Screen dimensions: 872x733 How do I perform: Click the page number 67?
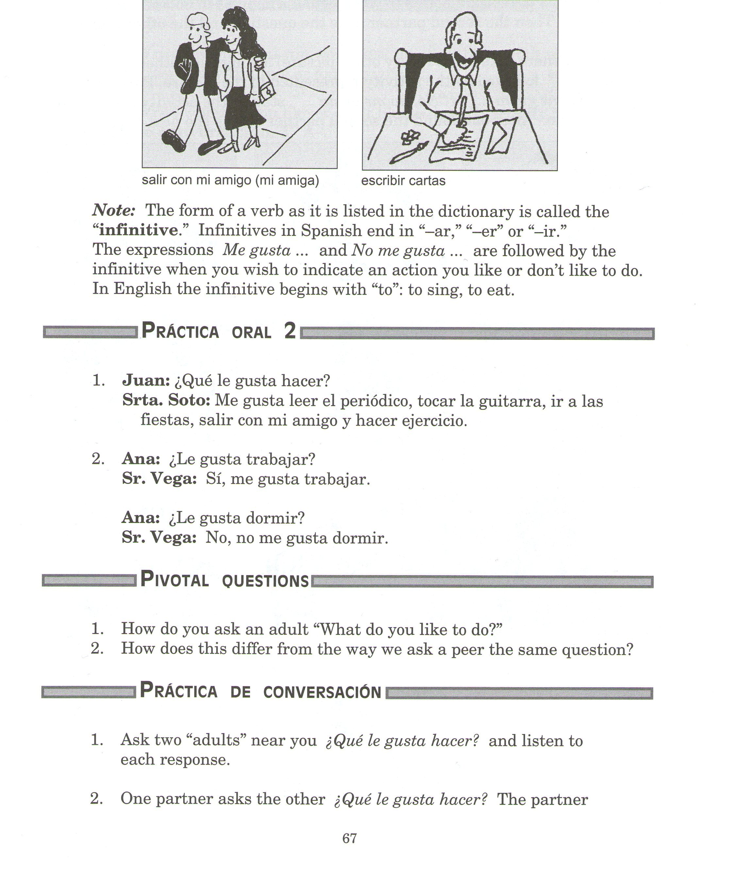[x=349, y=838]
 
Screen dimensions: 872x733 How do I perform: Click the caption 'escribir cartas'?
[x=403, y=181]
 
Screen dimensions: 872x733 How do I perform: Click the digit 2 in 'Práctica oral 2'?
[x=290, y=332]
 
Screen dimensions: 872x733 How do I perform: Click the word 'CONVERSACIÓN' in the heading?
[x=322, y=692]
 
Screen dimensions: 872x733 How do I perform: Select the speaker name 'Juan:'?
[x=146, y=381]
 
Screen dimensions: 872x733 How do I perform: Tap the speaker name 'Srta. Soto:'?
[x=166, y=401]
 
